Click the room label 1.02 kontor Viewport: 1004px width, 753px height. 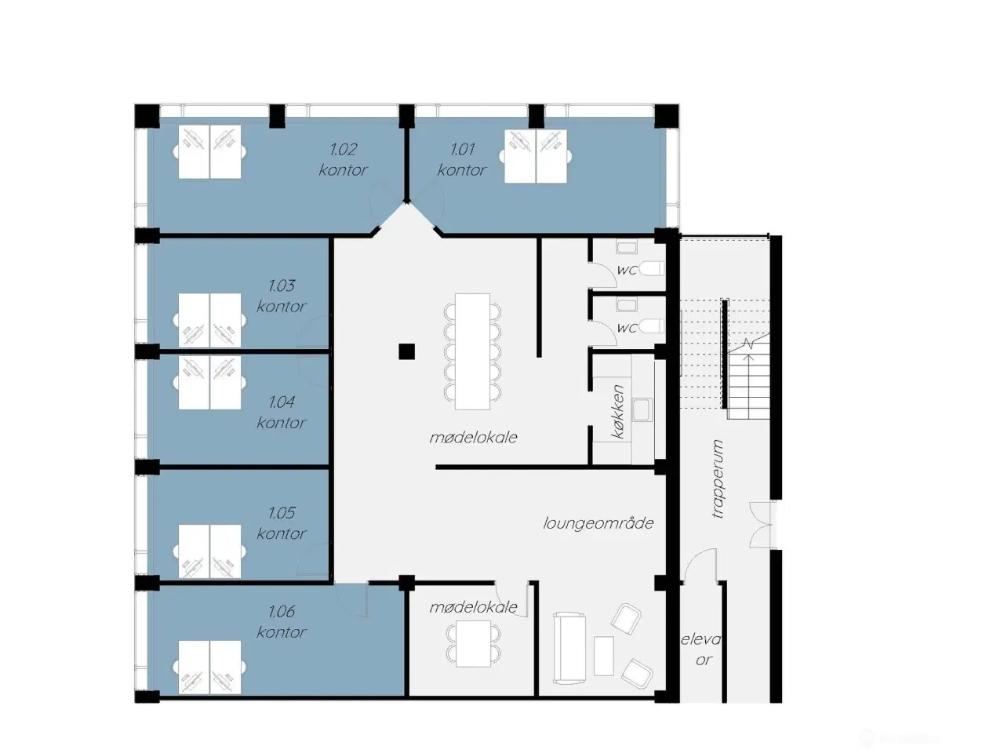point(344,159)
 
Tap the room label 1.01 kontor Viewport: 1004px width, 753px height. point(462,159)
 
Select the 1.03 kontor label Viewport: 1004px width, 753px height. point(282,296)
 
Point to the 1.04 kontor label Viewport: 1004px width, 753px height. point(282,412)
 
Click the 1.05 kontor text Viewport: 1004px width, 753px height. point(282,522)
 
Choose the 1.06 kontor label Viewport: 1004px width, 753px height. point(282,621)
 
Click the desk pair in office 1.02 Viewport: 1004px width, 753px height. point(209,151)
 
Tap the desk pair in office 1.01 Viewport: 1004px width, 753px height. point(535,156)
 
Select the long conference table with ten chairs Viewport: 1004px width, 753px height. point(472,351)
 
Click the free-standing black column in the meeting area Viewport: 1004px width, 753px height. point(406,351)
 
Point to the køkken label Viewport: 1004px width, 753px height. point(619,411)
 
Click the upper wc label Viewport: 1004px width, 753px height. point(627,270)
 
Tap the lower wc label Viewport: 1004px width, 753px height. point(627,328)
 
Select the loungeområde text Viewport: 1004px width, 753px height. point(598,523)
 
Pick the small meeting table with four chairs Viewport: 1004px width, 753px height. point(473,643)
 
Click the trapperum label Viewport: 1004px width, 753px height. point(717,478)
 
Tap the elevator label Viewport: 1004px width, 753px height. point(700,649)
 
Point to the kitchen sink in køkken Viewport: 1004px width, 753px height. point(642,409)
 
